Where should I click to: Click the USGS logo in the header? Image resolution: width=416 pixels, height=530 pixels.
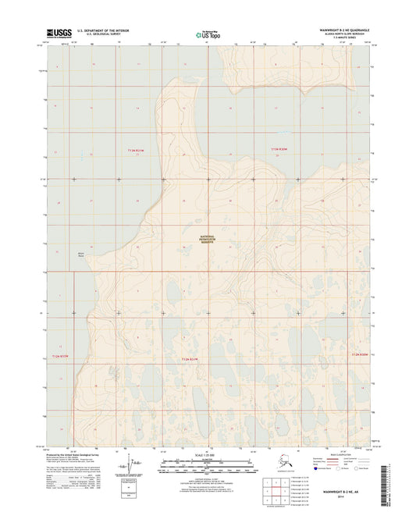click(x=59, y=32)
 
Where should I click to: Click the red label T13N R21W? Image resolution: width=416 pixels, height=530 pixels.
click(x=137, y=150)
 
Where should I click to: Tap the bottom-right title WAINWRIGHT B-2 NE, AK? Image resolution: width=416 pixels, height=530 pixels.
click(x=344, y=493)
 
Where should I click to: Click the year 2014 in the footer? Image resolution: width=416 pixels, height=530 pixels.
click(x=344, y=498)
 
